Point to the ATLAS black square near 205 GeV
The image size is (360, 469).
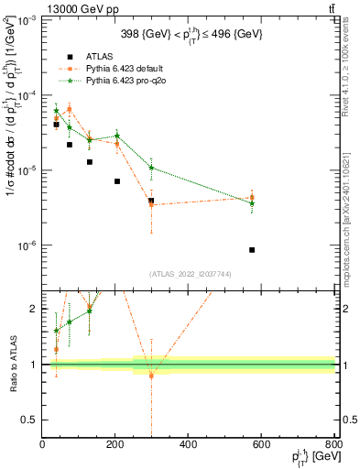(x=117, y=181)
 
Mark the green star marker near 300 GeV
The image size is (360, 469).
(x=151, y=168)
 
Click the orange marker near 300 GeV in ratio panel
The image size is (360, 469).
(x=151, y=376)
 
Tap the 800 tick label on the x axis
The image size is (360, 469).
(x=333, y=446)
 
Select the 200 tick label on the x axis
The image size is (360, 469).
(x=115, y=446)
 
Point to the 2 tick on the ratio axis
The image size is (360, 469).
(x=35, y=309)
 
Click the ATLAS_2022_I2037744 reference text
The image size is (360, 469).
(x=188, y=274)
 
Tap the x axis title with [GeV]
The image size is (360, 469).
(x=311, y=459)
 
